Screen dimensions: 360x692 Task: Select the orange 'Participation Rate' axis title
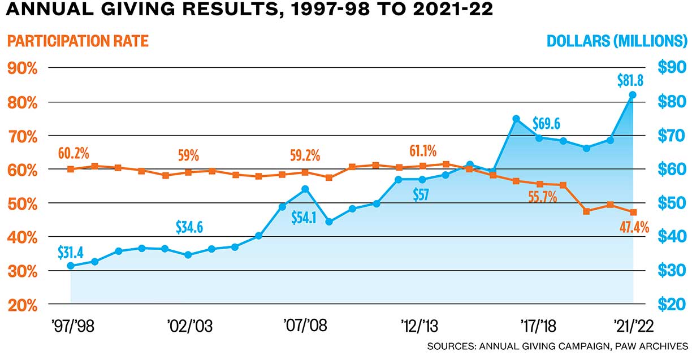coord(78,42)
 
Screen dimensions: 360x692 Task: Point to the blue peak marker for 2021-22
coord(633,95)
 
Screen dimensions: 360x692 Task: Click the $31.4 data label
coord(71,252)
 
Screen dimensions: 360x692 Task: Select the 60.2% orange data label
coord(73,154)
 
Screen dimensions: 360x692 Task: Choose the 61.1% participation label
coord(423,151)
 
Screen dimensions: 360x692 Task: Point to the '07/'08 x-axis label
coord(306,327)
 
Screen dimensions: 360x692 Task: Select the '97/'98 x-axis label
coord(72,327)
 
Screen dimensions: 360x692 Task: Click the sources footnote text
coord(557,346)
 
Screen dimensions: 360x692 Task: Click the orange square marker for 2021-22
coord(633,212)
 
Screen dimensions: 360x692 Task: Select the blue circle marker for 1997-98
coord(71,266)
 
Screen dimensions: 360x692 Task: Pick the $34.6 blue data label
coord(189,228)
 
